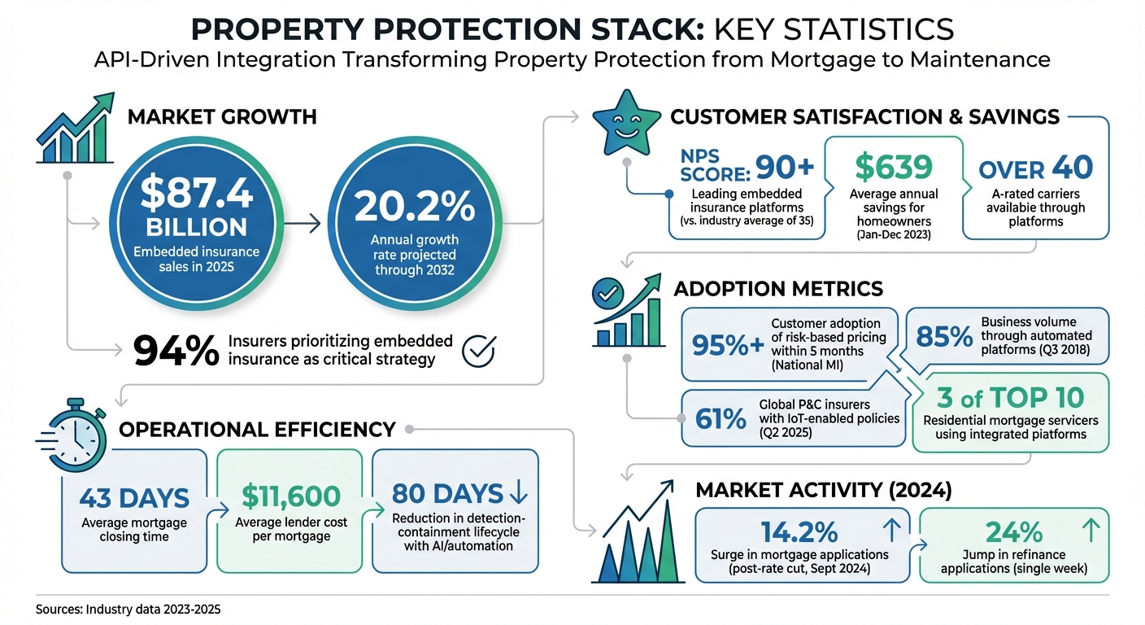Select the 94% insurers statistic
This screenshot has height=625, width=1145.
176,351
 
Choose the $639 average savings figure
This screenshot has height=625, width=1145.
894,167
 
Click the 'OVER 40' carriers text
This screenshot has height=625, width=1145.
1035,168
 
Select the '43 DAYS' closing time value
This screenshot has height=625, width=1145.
136,497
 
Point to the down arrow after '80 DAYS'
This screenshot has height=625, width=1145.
517,493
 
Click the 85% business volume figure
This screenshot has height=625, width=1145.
943,336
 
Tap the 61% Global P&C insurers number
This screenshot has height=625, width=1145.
721,418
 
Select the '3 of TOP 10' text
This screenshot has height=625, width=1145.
1010,398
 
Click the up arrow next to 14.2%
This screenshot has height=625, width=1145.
890,531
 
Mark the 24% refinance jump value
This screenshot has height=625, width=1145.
1013,532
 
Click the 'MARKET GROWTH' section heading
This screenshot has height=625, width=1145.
222,117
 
